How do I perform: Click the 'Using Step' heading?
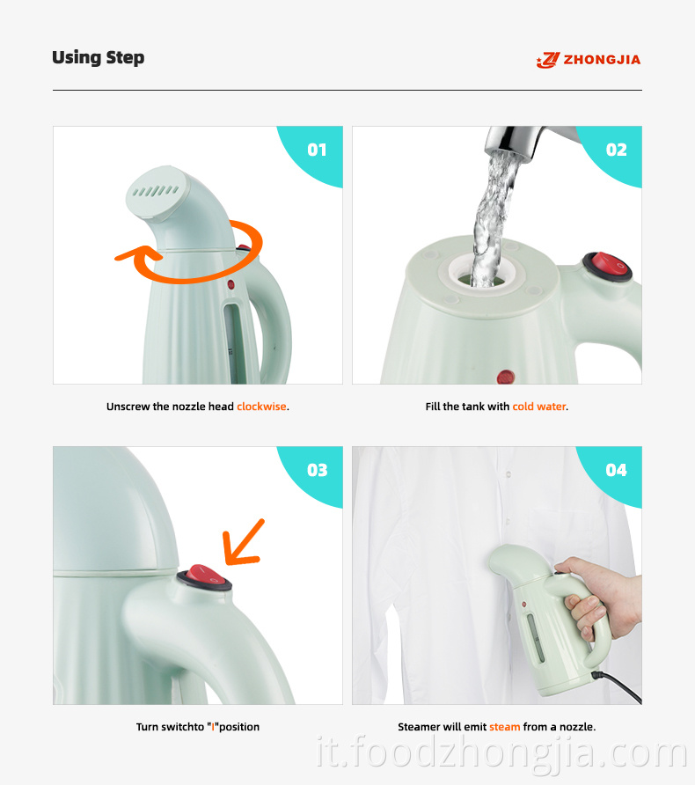coord(98,57)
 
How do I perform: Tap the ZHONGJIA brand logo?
coord(588,60)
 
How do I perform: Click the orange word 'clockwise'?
coord(261,407)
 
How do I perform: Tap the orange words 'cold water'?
coord(539,407)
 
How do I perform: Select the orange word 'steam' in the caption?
coord(504,727)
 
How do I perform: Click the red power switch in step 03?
coord(205,577)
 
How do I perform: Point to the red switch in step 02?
coord(607,267)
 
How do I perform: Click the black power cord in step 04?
coord(617,686)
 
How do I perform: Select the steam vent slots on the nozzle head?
coord(155,191)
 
